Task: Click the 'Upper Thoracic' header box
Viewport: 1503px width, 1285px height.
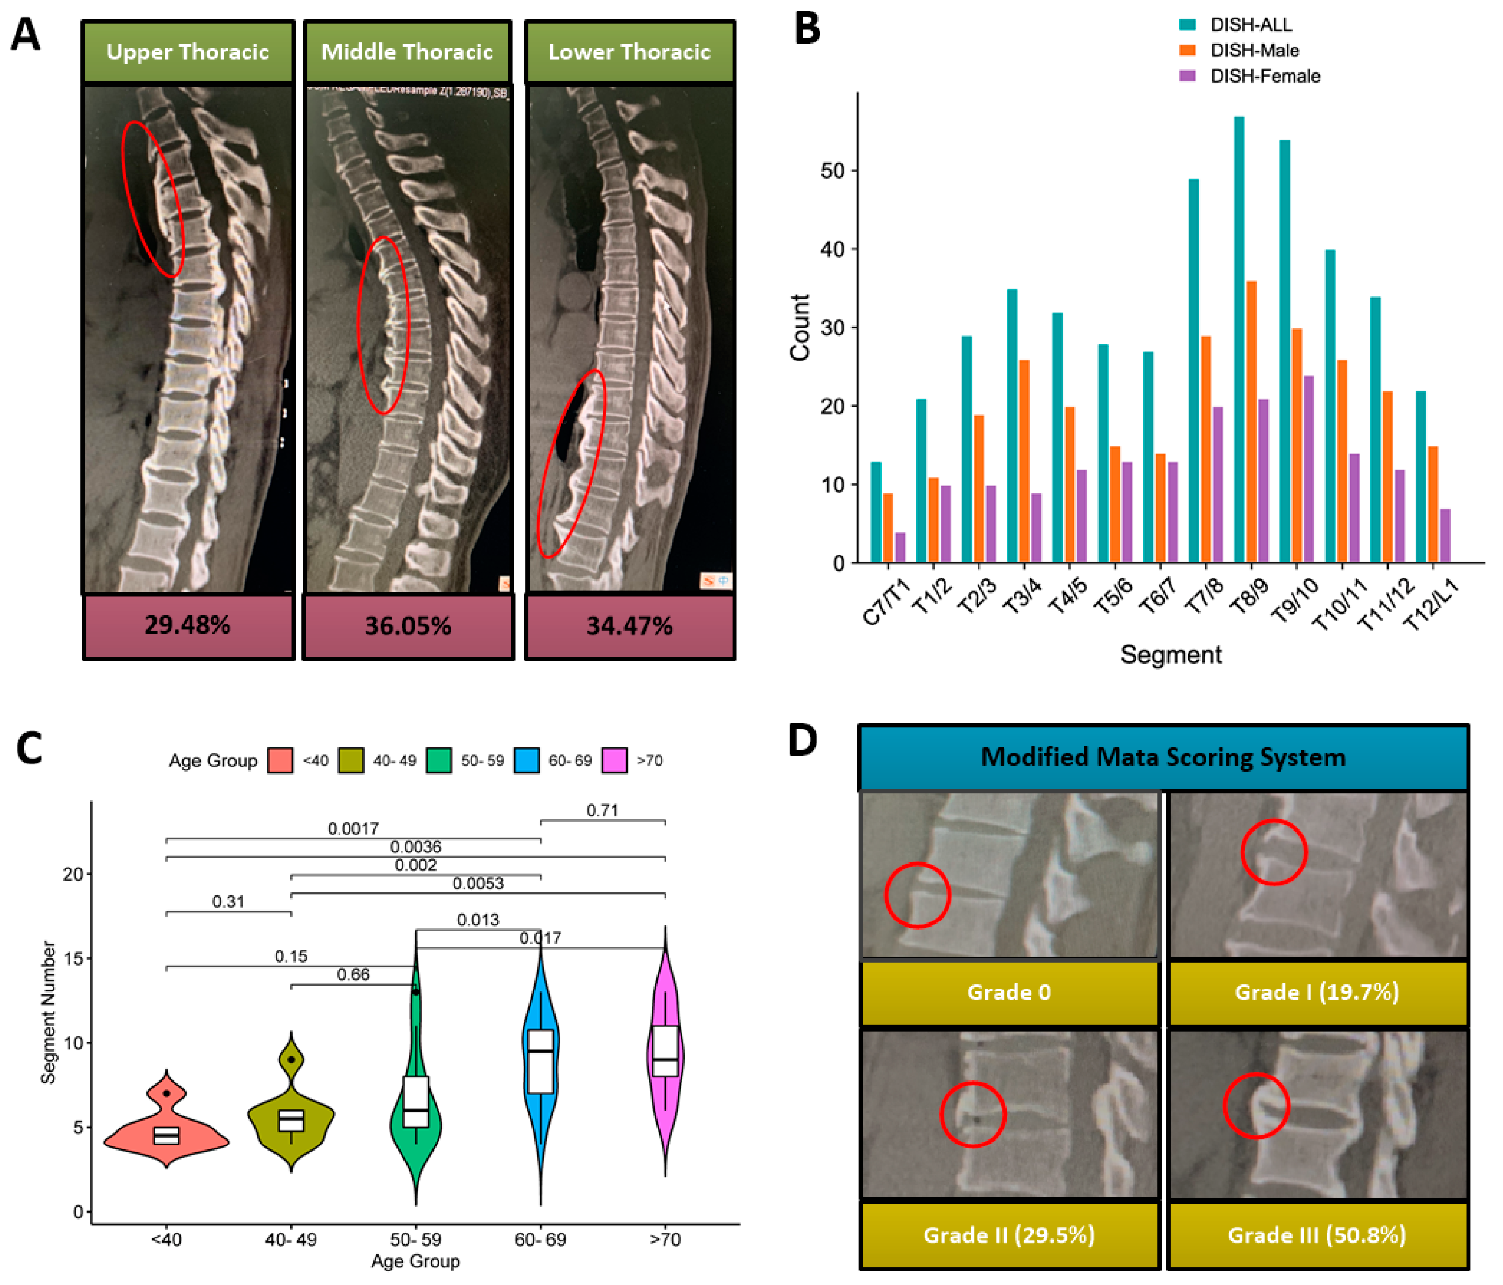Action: point(188,52)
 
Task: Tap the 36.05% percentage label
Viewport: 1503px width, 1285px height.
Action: point(408,626)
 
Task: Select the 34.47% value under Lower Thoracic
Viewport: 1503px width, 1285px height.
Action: point(629,626)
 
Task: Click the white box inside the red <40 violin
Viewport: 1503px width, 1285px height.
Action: point(166,1135)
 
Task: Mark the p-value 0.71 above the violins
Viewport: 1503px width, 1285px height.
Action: point(602,810)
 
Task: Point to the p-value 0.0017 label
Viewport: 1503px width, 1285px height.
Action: point(353,828)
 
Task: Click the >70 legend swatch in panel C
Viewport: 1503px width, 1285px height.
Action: point(614,761)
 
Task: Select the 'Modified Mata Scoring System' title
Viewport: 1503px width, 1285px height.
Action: point(1163,757)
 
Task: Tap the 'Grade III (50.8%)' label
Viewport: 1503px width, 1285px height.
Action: point(1316,1234)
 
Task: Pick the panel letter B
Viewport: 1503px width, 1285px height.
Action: point(806,29)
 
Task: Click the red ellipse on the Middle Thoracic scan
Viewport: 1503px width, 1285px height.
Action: point(384,325)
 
